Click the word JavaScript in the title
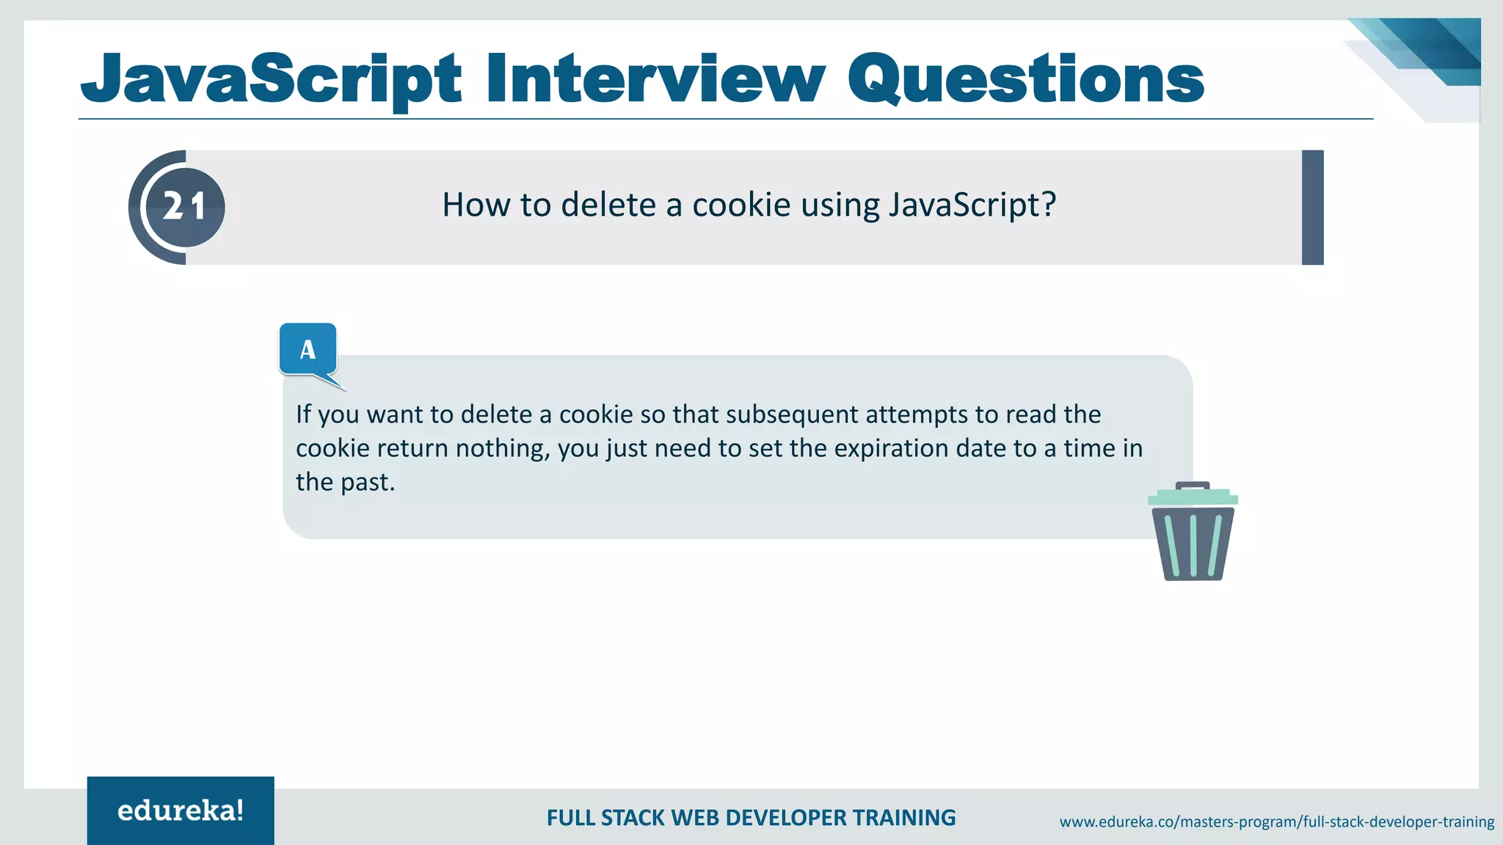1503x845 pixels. tap(272, 79)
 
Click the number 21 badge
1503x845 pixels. tap(184, 207)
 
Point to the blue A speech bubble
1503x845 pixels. tap(308, 349)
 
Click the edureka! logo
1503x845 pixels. tap(181, 811)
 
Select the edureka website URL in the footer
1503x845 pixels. tap(1276, 822)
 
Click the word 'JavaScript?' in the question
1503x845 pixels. tap(972, 205)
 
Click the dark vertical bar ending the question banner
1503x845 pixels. tap(1312, 208)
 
